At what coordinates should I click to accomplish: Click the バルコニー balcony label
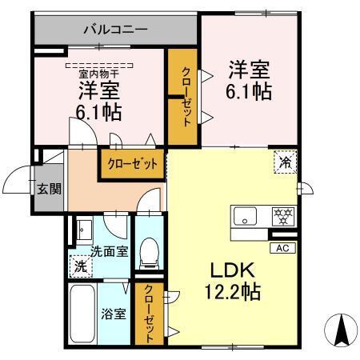(115, 31)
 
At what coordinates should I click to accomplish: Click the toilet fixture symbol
(147, 254)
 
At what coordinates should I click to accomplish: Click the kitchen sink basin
(245, 214)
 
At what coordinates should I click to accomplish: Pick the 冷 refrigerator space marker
(286, 162)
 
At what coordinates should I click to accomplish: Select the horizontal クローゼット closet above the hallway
(132, 162)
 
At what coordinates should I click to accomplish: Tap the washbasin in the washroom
(84, 230)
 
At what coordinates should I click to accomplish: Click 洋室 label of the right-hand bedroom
(248, 67)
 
